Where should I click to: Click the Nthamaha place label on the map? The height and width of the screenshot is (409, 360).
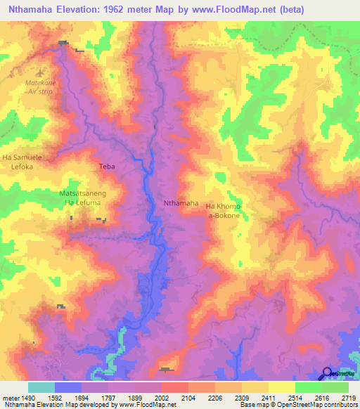point(181,203)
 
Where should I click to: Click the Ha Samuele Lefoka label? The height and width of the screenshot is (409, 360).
point(22,162)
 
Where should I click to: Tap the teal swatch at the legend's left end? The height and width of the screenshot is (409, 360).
point(41,387)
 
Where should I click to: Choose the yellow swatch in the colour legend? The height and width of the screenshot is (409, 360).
point(281,387)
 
